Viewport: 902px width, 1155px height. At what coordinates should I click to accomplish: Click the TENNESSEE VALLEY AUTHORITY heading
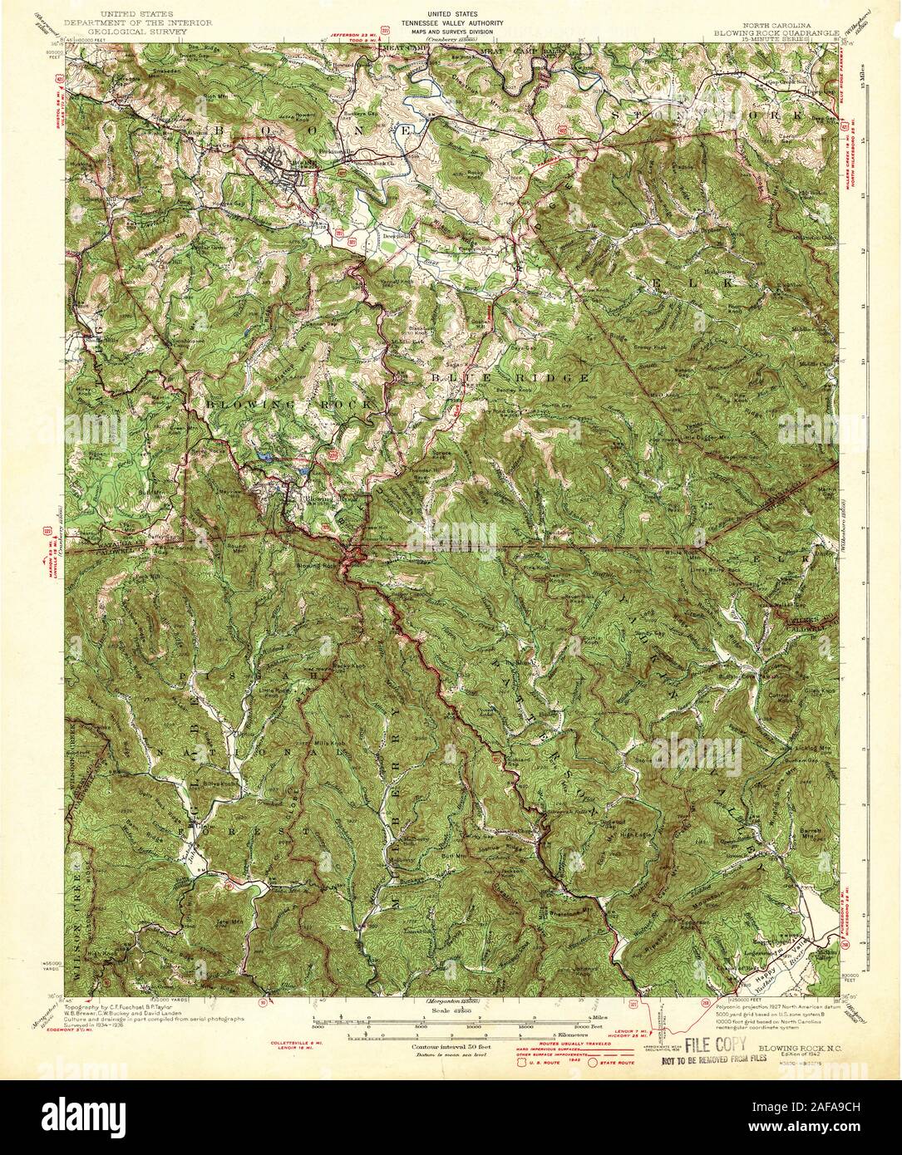tap(451, 23)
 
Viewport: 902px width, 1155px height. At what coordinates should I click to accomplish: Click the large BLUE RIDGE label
tap(510, 378)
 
